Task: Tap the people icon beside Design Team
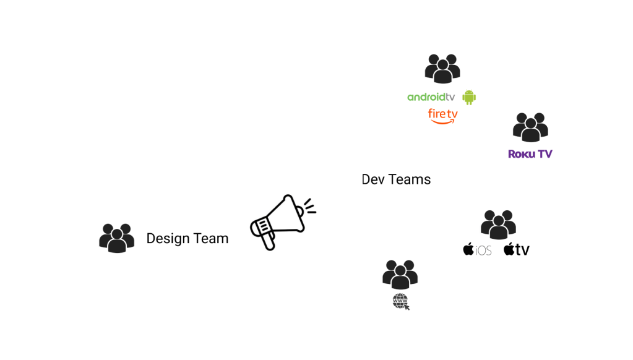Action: point(116,238)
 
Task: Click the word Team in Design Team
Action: point(210,238)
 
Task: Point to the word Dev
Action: point(373,179)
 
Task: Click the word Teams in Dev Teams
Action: point(410,179)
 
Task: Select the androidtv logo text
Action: point(431,97)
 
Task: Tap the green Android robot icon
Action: point(469,97)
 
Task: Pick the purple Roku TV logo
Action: point(530,154)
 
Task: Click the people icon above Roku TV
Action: point(530,127)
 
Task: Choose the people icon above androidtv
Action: point(442,69)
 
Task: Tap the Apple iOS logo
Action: point(477,249)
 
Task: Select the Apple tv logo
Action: point(517,249)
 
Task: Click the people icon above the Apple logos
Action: point(498,225)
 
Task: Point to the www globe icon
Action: point(401,301)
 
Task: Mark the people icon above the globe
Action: point(400,274)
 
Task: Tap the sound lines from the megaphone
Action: point(309,206)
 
